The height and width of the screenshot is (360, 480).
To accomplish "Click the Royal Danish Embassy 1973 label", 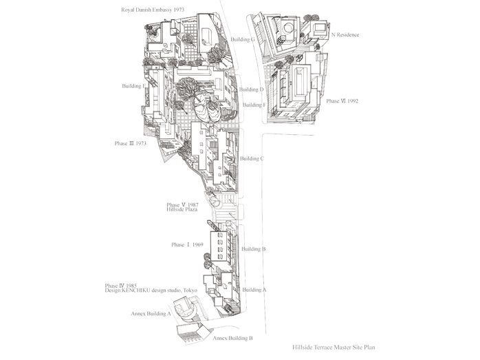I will (x=152, y=10).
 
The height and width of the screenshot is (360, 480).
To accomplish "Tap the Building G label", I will (x=243, y=40).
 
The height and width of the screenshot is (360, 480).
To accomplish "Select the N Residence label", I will (x=346, y=34).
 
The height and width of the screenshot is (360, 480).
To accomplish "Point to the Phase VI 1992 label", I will (x=342, y=101).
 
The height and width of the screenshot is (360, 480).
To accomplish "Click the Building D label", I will (x=252, y=89).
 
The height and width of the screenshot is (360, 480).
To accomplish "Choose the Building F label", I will (x=254, y=105).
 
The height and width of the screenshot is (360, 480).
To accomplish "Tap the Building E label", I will (x=134, y=86).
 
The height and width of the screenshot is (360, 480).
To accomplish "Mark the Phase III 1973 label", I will (x=131, y=143).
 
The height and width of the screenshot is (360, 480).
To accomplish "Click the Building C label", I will (x=252, y=158).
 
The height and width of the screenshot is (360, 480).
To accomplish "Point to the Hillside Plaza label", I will (x=182, y=210).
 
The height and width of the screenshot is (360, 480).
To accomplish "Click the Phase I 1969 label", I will (x=186, y=245).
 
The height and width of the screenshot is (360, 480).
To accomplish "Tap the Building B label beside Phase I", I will (x=254, y=248).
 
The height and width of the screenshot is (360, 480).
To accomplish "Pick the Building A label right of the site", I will (x=254, y=290).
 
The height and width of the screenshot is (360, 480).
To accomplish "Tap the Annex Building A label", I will (x=151, y=314).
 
